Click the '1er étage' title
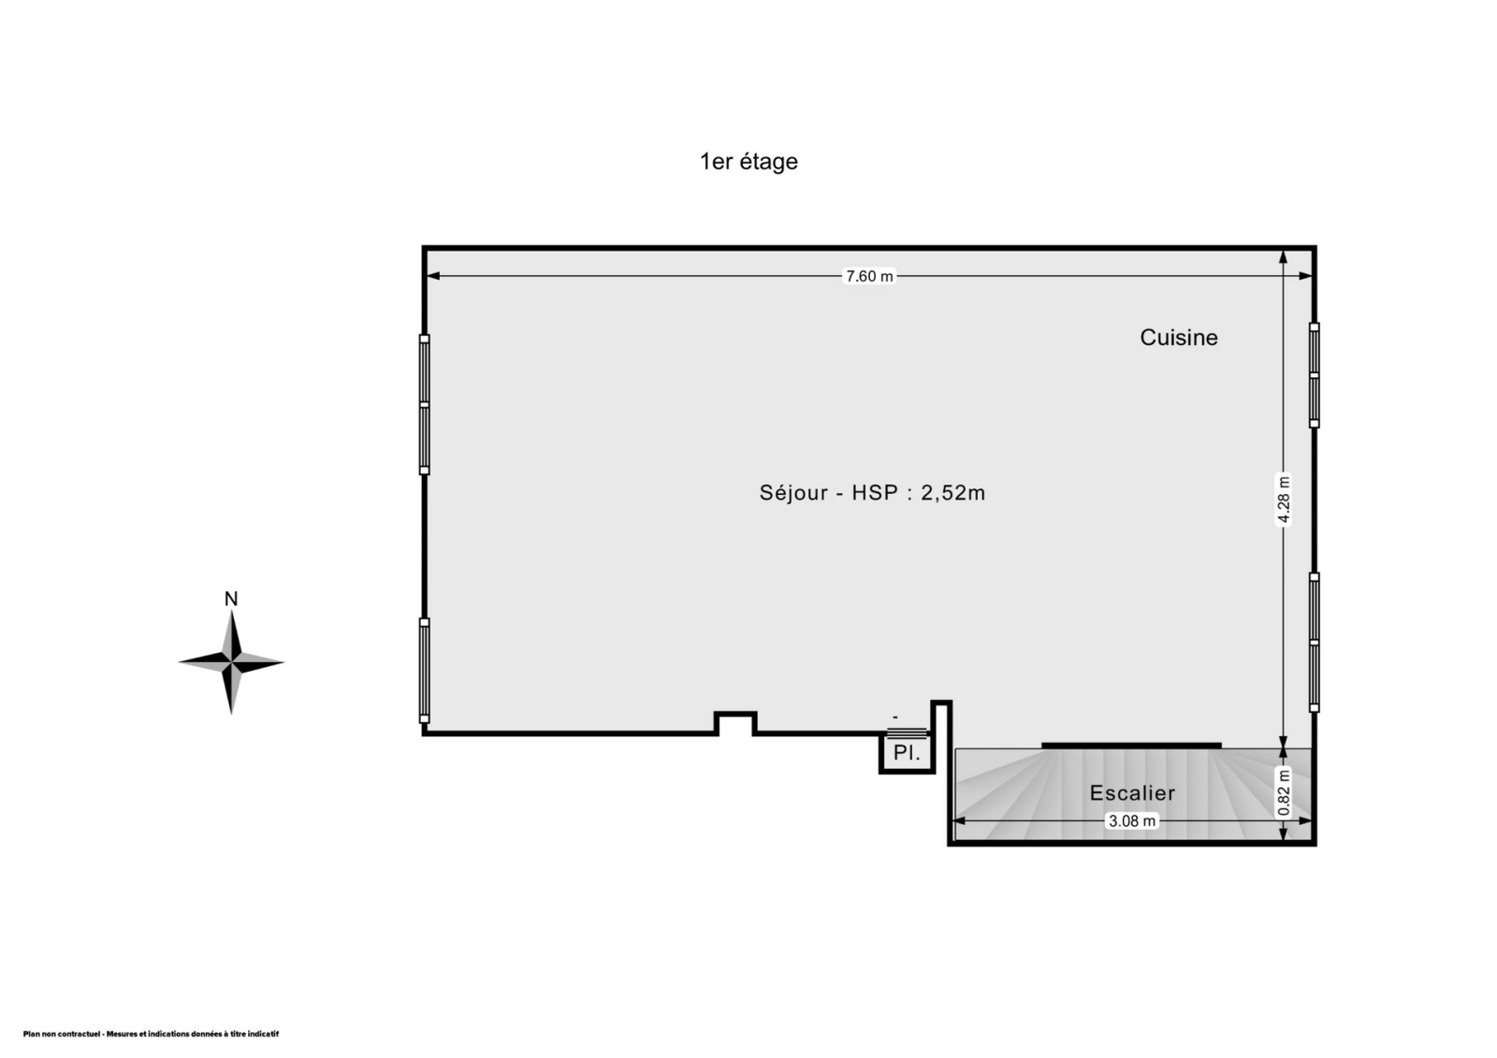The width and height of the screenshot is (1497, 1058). coord(748,162)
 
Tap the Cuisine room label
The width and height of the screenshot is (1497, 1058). coord(1178,338)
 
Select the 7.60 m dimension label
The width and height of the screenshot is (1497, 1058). coord(869,276)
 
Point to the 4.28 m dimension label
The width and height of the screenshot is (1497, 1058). coord(1283,500)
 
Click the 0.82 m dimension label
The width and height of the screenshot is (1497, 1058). coord(1283,792)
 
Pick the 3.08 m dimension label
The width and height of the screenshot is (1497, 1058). coord(1131,820)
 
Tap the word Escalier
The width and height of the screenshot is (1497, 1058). coord(1132,792)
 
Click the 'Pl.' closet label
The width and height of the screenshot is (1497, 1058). coord(907,752)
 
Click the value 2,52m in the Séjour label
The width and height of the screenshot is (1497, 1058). coord(953,493)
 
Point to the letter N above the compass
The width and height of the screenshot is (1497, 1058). coord(231,599)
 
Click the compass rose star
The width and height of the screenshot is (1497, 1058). coord(231,662)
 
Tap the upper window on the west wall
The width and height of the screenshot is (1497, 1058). coord(425,404)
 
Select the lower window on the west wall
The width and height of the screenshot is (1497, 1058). coord(425,671)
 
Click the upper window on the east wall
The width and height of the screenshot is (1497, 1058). coord(1314,375)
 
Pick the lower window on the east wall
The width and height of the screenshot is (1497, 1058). coord(1314,643)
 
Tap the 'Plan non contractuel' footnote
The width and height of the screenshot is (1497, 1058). coord(151,1034)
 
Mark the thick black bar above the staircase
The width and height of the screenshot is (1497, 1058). coord(1131,746)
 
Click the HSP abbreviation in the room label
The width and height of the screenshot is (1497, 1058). coord(874,493)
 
